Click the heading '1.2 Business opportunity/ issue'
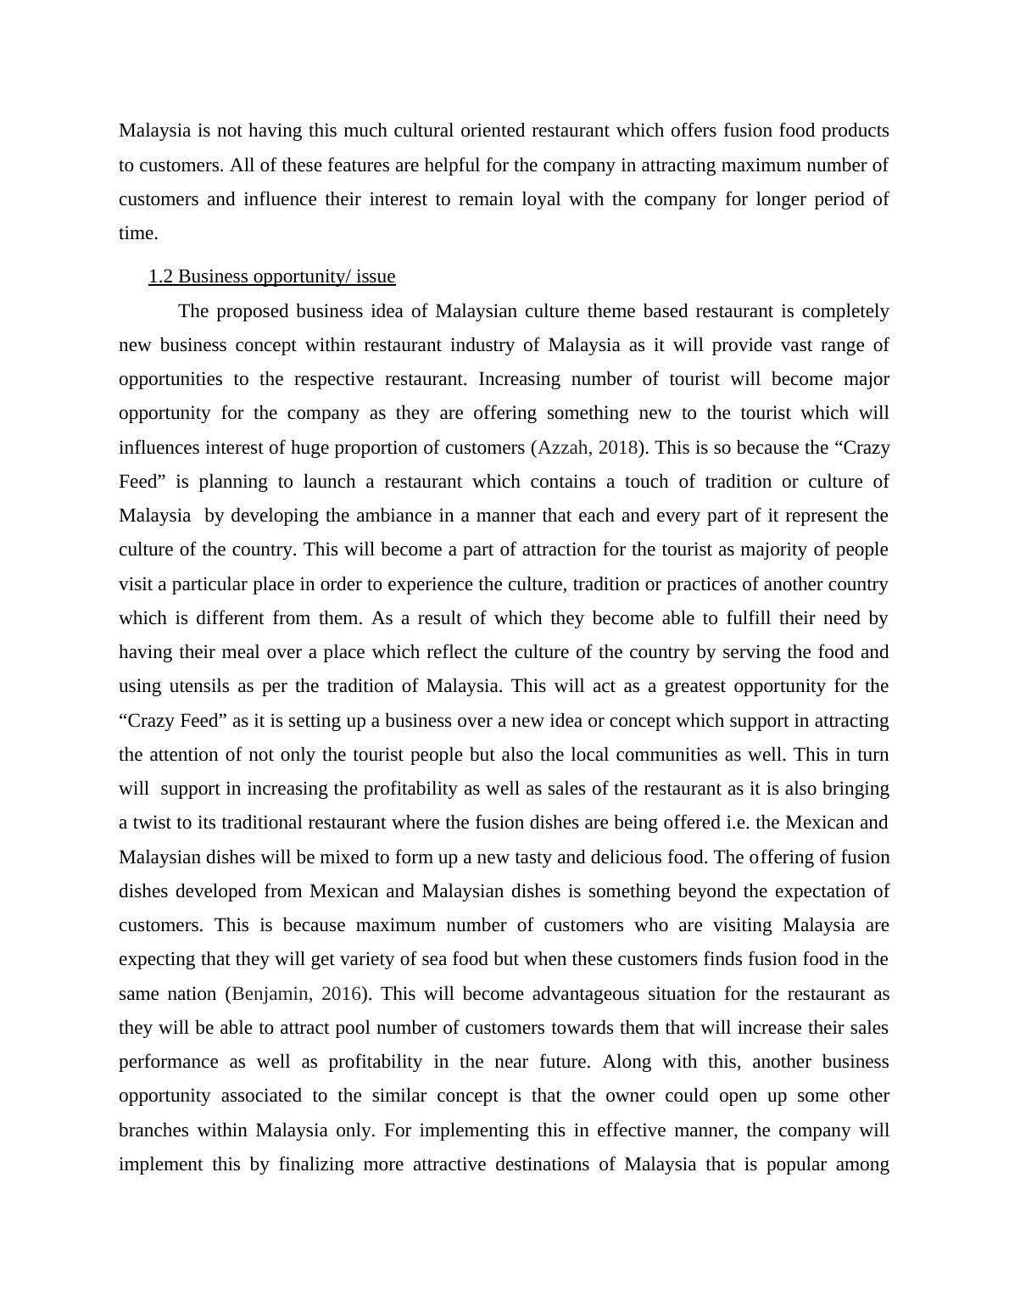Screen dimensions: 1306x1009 click(x=271, y=276)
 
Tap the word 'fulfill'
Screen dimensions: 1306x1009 click(x=749, y=617)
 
